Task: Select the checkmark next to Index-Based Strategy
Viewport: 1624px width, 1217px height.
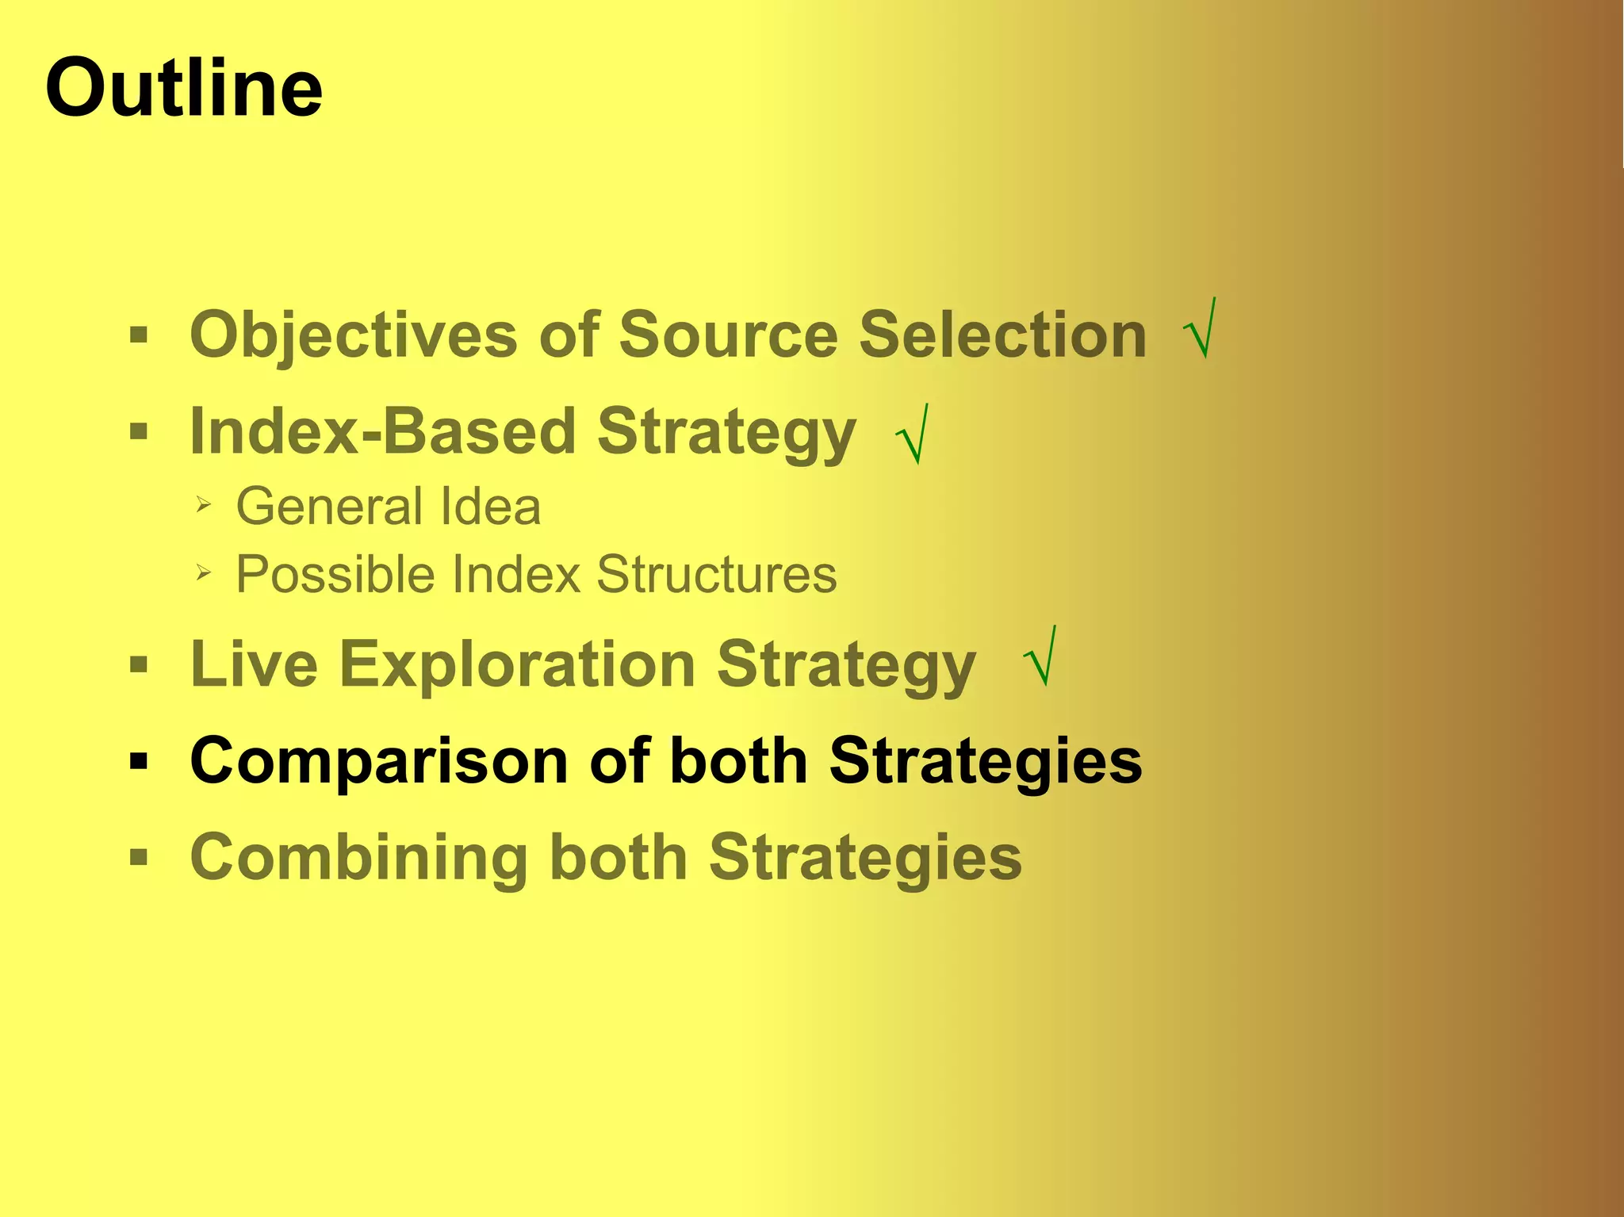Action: tap(912, 435)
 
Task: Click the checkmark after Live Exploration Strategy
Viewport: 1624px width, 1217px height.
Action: tap(1040, 658)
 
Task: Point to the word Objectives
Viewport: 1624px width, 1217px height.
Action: tap(354, 335)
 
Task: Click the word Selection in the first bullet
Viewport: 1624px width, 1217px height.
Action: tap(1002, 334)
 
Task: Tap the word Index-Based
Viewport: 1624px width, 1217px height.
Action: tap(382, 431)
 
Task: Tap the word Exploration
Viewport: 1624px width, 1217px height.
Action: tap(517, 664)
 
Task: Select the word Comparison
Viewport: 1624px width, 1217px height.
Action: tap(379, 761)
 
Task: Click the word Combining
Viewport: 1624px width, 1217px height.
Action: tap(358, 858)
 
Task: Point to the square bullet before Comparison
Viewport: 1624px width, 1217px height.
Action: tap(139, 762)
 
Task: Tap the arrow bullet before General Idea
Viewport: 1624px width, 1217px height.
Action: tap(203, 504)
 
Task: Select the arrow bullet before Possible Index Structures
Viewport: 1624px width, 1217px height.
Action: tap(203, 572)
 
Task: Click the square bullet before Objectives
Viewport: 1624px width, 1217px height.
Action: tap(139, 335)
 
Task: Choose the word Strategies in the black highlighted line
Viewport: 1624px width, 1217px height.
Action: tap(986, 761)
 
